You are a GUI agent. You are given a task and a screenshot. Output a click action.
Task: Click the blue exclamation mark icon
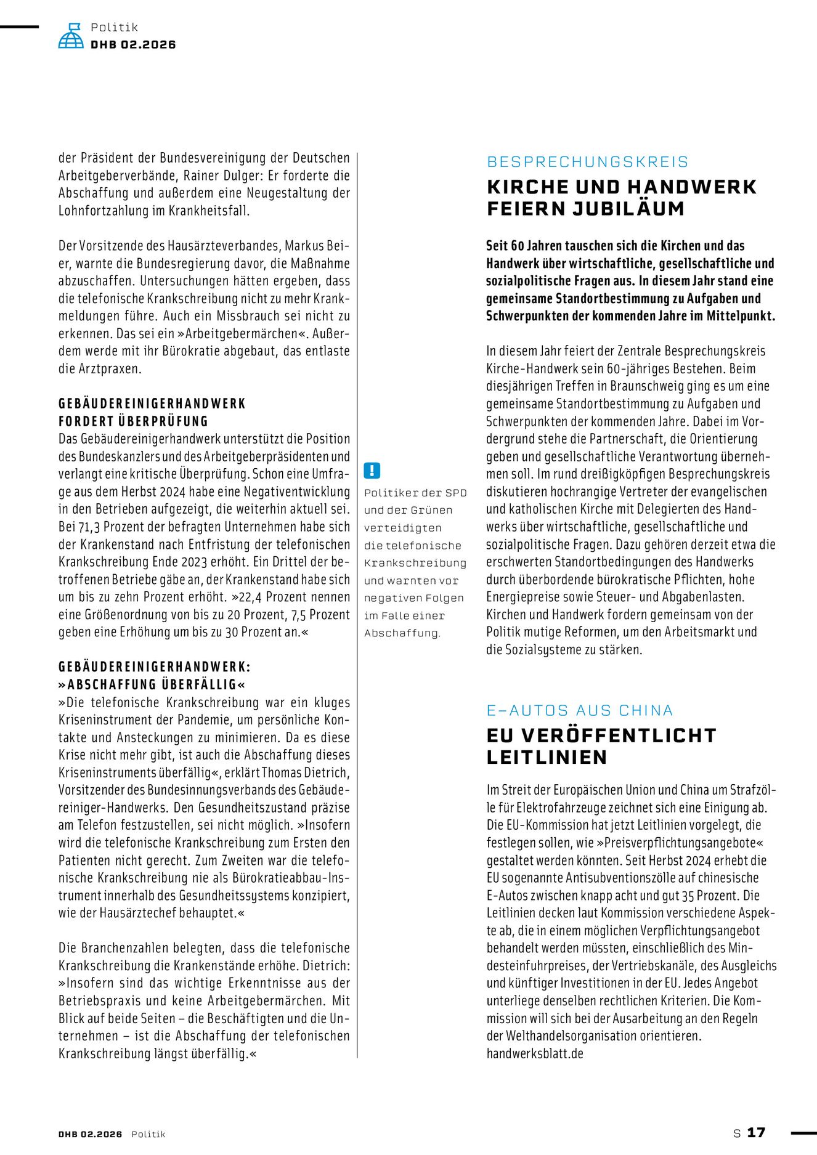[x=372, y=471]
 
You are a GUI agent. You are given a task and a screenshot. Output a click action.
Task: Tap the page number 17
[x=756, y=1132]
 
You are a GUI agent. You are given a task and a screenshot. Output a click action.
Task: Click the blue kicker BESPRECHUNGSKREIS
[x=587, y=162]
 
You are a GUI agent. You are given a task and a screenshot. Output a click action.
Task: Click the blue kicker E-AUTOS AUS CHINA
[x=579, y=710]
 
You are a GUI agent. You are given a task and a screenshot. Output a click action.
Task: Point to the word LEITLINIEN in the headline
[x=547, y=757]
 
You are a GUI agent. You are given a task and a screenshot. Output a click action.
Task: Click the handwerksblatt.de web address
[x=535, y=1053]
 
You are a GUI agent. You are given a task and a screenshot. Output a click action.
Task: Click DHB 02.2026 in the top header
[x=133, y=44]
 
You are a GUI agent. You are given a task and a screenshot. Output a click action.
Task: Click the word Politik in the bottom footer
[x=148, y=1134]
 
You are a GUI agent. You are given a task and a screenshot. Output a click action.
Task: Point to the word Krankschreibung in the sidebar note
[x=415, y=563]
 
